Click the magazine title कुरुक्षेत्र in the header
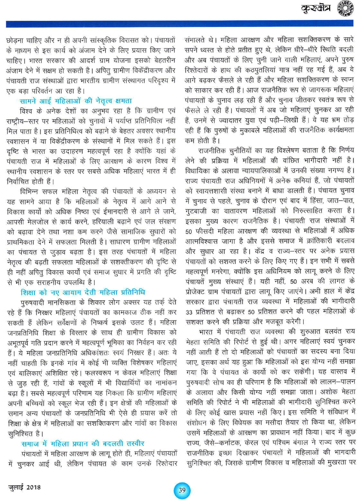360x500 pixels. point(316,9)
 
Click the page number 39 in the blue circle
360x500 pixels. point(182,490)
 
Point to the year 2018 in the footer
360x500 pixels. point(33,487)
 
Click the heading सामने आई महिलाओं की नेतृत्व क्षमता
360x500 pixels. point(76,101)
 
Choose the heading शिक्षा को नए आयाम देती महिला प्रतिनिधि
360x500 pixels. point(83,292)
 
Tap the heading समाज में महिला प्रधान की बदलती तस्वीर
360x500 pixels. point(83,443)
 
